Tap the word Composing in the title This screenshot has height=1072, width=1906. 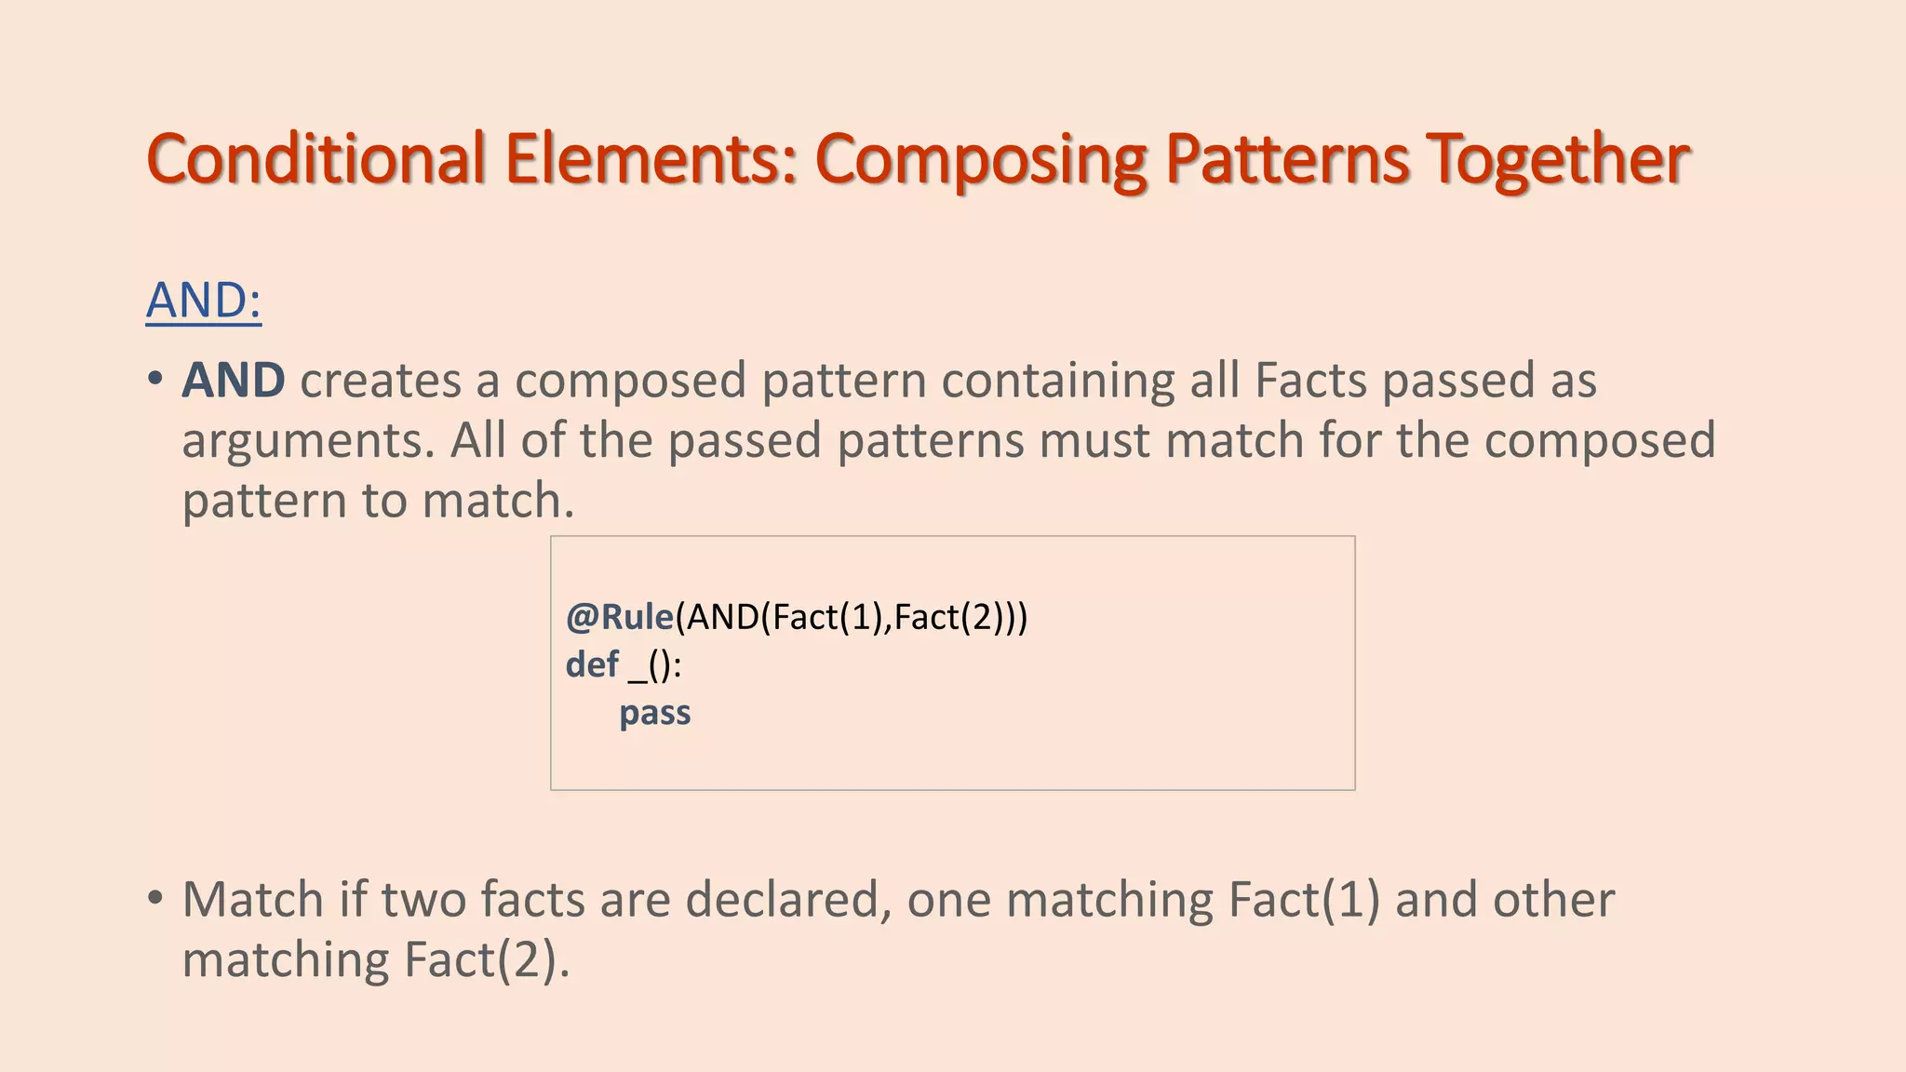coord(981,160)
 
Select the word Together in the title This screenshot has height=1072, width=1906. coord(1558,160)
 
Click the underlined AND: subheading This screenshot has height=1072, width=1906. coord(204,301)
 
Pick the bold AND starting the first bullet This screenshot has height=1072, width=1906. coord(234,381)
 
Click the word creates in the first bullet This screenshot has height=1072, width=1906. coord(381,381)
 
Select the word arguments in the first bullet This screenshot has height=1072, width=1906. coord(303,441)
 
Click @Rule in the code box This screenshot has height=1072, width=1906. coord(620,617)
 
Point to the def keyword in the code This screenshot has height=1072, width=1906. coord(592,664)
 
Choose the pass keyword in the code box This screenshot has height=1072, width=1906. coord(655,713)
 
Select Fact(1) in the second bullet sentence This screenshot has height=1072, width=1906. coord(1304,900)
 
